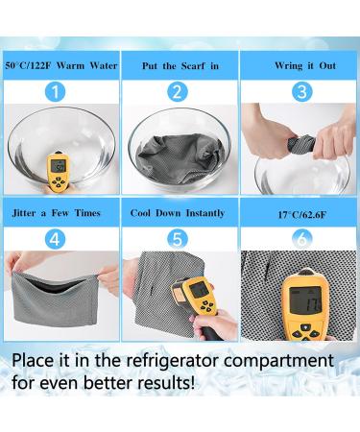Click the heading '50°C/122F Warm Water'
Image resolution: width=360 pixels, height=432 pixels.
(60, 65)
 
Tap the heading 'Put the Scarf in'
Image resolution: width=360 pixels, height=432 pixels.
(179, 65)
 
